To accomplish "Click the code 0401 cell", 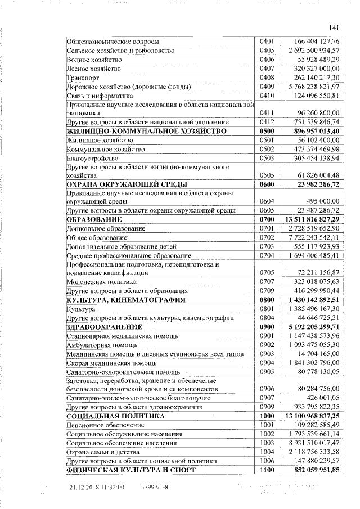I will click(x=267, y=42).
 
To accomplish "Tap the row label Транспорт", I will click(x=83, y=78).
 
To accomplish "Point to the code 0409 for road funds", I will click(x=267, y=87).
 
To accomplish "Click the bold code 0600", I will click(x=267, y=184).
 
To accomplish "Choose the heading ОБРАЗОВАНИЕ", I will click(x=94, y=219).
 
